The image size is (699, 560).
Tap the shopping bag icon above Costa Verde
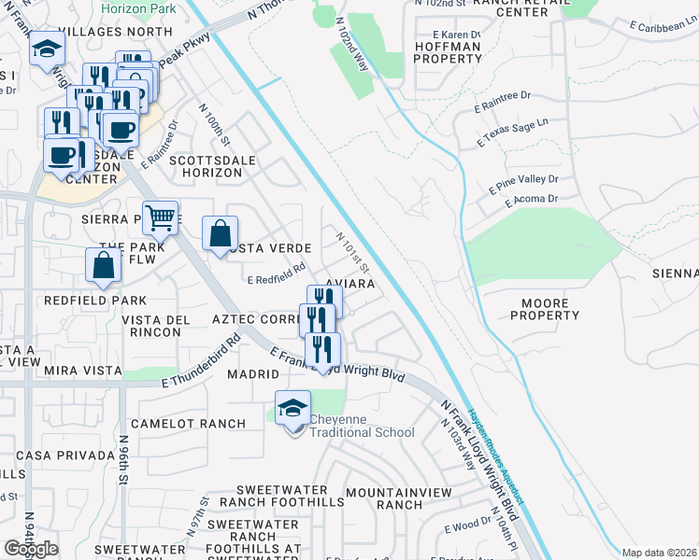pyautogui.click(x=220, y=234)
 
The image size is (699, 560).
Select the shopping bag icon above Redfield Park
pyautogui.click(x=103, y=264)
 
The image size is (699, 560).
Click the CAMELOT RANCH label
pyautogui.click(x=188, y=424)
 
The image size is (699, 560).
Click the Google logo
pyautogui.click(x=31, y=549)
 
